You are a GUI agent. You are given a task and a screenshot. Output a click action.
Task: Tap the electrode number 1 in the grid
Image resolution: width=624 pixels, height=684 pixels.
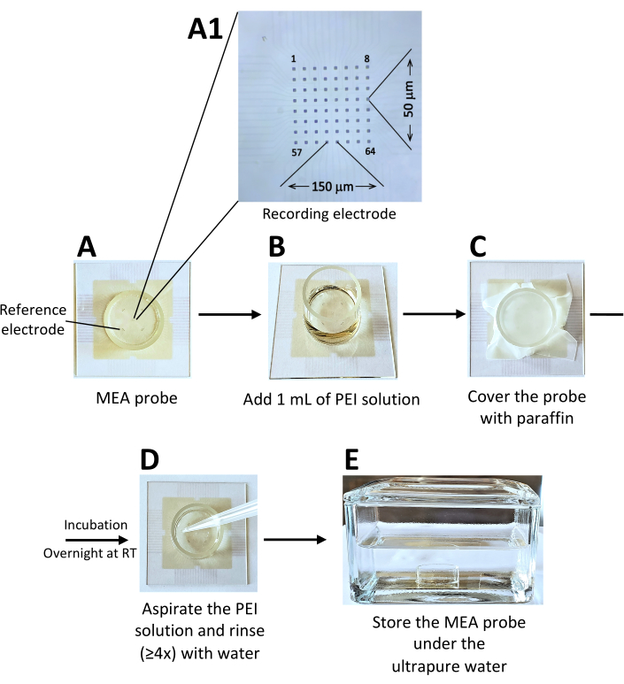293,59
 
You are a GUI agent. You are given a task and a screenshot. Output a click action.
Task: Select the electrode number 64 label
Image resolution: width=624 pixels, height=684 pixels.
370,151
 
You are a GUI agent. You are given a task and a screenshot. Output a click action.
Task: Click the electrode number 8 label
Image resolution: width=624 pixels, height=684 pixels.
366,59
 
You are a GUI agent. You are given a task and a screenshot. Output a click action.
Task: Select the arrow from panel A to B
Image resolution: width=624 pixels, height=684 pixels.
230,313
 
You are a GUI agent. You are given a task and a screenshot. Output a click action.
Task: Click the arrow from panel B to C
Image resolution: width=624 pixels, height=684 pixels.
431,313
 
